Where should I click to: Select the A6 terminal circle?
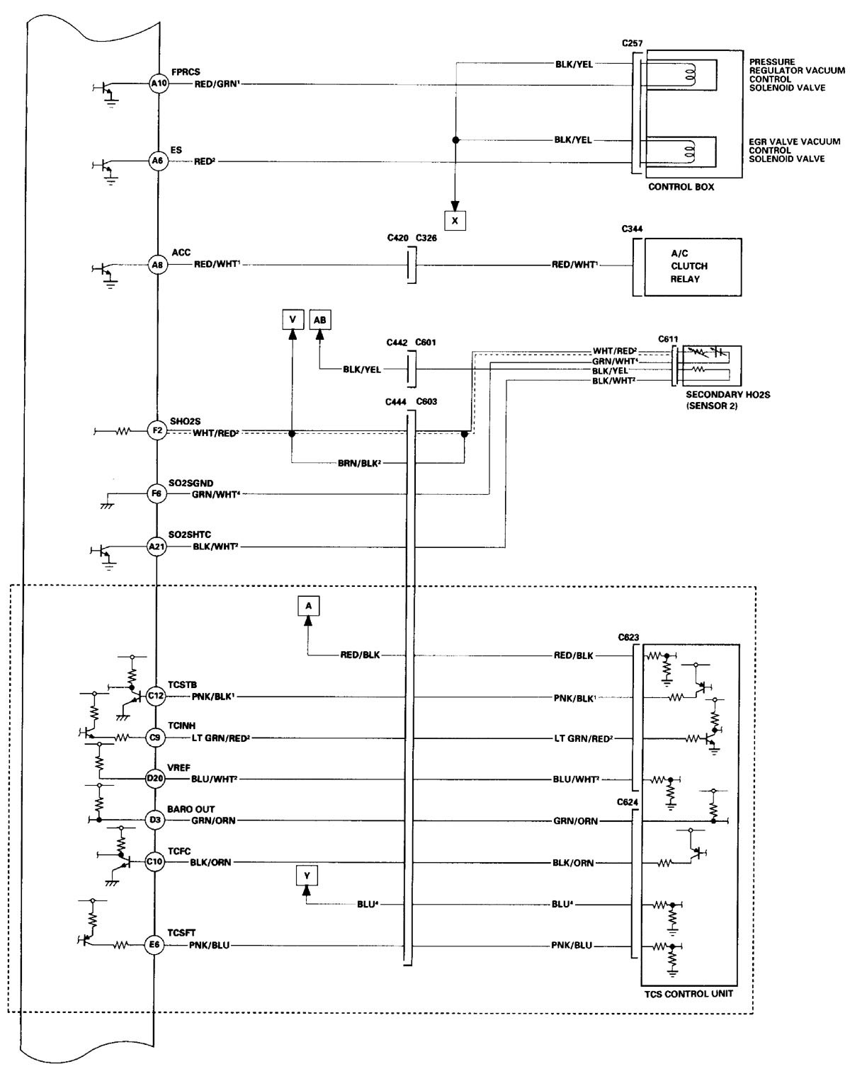click(x=157, y=161)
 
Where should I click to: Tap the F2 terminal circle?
click(x=157, y=430)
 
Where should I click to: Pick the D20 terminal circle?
click(x=155, y=779)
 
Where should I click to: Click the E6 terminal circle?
click(x=154, y=944)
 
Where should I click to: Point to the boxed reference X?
click(x=455, y=221)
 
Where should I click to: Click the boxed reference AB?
click(x=320, y=320)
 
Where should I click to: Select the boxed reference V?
click(x=292, y=320)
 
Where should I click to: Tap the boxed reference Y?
click(x=307, y=876)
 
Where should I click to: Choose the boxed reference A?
click(x=308, y=606)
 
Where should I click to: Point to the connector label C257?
click(x=633, y=43)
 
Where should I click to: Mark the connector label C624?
click(x=628, y=802)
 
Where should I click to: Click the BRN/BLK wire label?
click(x=362, y=464)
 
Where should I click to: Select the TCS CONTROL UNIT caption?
click(x=689, y=994)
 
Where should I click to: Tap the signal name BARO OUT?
click(x=191, y=809)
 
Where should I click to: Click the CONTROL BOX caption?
click(x=681, y=188)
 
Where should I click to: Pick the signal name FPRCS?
click(x=186, y=71)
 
